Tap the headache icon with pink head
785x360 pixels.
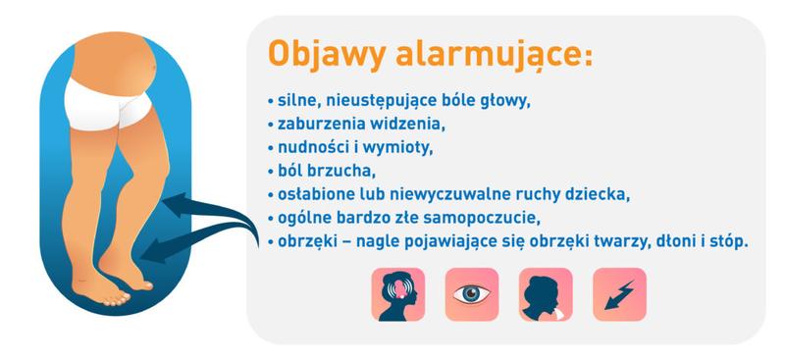click(397, 294)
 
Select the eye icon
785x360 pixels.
click(472, 294)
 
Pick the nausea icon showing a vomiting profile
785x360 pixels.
click(546, 294)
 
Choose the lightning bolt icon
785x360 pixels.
click(619, 294)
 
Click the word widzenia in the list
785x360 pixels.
click(404, 125)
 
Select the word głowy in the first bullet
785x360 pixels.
click(502, 102)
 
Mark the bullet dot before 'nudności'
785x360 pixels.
click(269, 148)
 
